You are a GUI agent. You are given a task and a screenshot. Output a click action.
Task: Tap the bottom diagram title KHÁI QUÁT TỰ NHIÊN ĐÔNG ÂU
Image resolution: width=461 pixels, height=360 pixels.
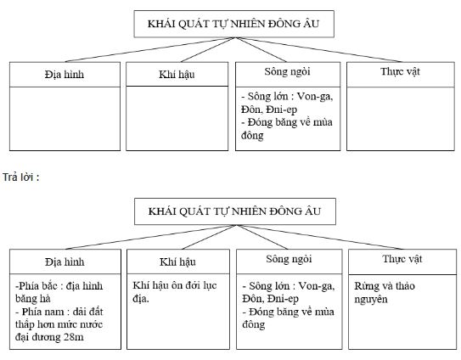click(x=235, y=210)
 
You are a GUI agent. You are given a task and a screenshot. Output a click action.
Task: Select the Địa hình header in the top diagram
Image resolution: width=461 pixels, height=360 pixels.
click(x=65, y=75)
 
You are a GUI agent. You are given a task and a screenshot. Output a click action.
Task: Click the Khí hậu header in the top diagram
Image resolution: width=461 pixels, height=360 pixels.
click(x=177, y=76)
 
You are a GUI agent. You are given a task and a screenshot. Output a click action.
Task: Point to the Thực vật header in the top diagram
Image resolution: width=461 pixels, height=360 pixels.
click(x=400, y=72)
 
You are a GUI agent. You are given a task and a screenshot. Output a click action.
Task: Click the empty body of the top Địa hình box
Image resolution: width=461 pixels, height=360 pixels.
click(x=65, y=119)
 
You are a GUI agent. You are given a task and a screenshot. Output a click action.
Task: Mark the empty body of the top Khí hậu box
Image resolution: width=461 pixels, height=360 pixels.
click(x=177, y=119)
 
